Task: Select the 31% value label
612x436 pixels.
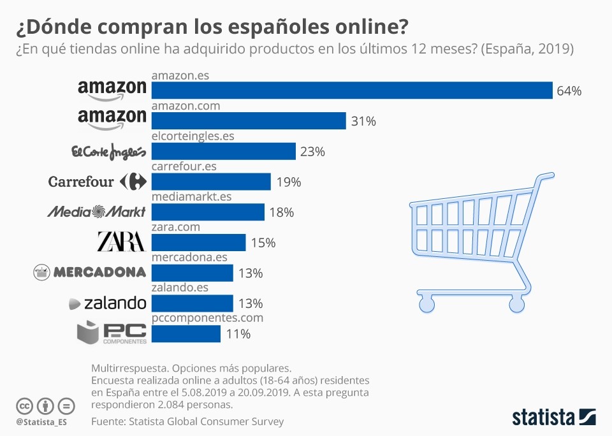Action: [363, 121]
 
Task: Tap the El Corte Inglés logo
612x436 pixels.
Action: [109, 152]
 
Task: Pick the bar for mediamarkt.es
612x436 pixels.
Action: [208, 212]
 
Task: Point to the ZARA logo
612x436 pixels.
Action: [121, 242]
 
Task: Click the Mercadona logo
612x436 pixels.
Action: [90, 272]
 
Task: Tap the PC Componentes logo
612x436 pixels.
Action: [112, 333]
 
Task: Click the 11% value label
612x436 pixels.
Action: [238, 334]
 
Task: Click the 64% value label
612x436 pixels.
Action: [569, 91]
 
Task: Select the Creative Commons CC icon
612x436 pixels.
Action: [25, 406]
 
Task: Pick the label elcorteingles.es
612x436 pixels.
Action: [193, 136]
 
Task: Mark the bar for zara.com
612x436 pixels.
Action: [198, 242]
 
